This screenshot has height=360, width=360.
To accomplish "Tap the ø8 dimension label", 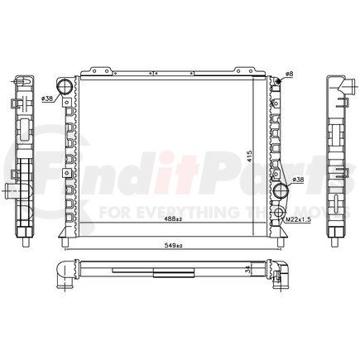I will [289, 74].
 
